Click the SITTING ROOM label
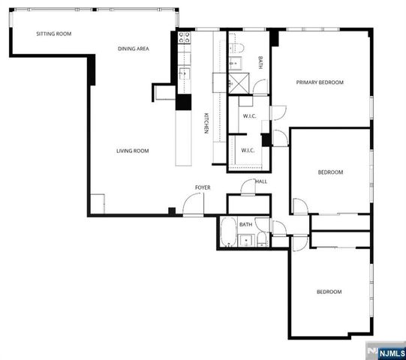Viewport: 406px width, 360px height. point(54,34)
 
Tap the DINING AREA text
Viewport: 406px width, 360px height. point(133,49)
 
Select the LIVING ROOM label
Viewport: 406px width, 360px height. point(132,151)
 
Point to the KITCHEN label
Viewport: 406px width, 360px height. point(206,123)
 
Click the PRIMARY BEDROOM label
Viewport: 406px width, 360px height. point(319,82)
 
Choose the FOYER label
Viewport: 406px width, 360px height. point(203,187)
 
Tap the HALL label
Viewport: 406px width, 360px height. point(261,181)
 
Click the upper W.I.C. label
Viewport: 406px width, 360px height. point(248,115)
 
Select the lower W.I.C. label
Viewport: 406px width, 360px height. point(248,150)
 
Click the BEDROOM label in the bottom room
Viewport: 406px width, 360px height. point(329,292)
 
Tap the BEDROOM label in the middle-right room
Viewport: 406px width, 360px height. point(330,172)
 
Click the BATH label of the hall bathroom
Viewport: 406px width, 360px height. point(245,224)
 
